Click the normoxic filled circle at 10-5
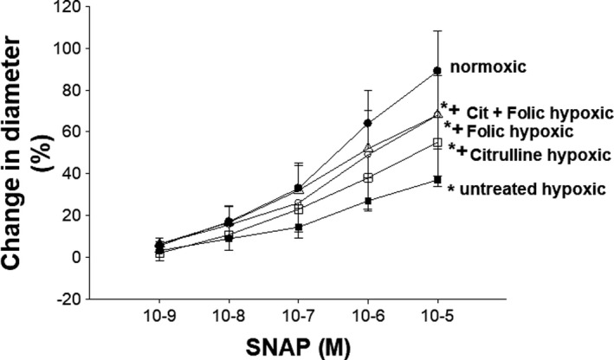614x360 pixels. coord(437,71)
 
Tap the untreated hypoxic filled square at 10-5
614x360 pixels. coord(437,180)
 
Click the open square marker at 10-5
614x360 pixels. coord(437,143)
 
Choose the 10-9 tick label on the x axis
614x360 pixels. coord(157,316)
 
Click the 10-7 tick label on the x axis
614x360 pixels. coord(297,316)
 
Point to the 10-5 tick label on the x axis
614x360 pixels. coord(437,316)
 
